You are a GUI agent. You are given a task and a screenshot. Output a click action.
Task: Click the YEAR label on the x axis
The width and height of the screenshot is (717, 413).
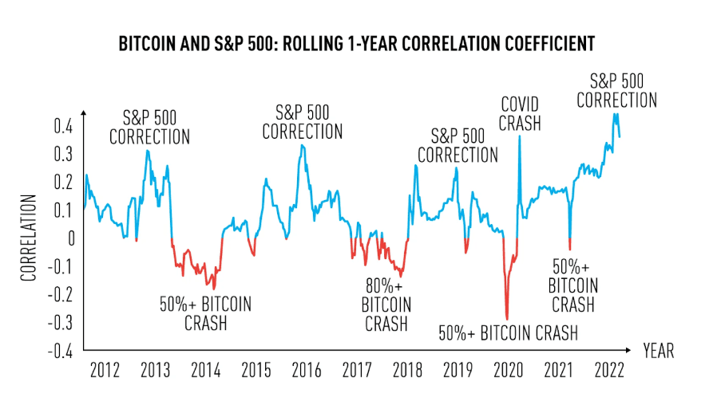659,351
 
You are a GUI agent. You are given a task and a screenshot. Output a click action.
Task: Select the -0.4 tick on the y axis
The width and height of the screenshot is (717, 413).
61,351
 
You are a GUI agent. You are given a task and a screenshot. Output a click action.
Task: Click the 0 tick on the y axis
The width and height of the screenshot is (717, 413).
70,238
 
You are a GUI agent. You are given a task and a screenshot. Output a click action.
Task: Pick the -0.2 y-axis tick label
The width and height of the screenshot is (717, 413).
61,295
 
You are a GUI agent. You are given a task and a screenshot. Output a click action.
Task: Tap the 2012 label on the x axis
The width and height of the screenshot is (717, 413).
105,372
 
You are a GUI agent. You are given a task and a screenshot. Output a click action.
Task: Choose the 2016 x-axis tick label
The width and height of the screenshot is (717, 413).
307,372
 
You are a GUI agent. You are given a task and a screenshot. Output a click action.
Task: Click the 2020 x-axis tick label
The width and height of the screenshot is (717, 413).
509,372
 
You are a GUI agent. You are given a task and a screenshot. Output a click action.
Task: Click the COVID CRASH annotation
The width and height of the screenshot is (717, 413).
520,113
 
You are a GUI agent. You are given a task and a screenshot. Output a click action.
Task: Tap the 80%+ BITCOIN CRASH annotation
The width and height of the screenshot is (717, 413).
386,305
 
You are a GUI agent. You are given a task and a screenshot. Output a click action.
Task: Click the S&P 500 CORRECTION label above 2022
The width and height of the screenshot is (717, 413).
616,90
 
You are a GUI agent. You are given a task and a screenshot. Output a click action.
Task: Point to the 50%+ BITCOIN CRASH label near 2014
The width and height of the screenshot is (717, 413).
205,313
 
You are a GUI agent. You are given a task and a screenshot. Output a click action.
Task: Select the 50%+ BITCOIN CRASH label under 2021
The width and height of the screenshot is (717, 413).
572,285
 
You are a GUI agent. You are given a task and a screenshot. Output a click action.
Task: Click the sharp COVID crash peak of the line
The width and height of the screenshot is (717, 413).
520,136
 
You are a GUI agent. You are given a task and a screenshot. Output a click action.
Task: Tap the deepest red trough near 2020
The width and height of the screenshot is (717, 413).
507,319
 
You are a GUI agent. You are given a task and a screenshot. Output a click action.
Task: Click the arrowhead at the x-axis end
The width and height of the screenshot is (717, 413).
634,350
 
